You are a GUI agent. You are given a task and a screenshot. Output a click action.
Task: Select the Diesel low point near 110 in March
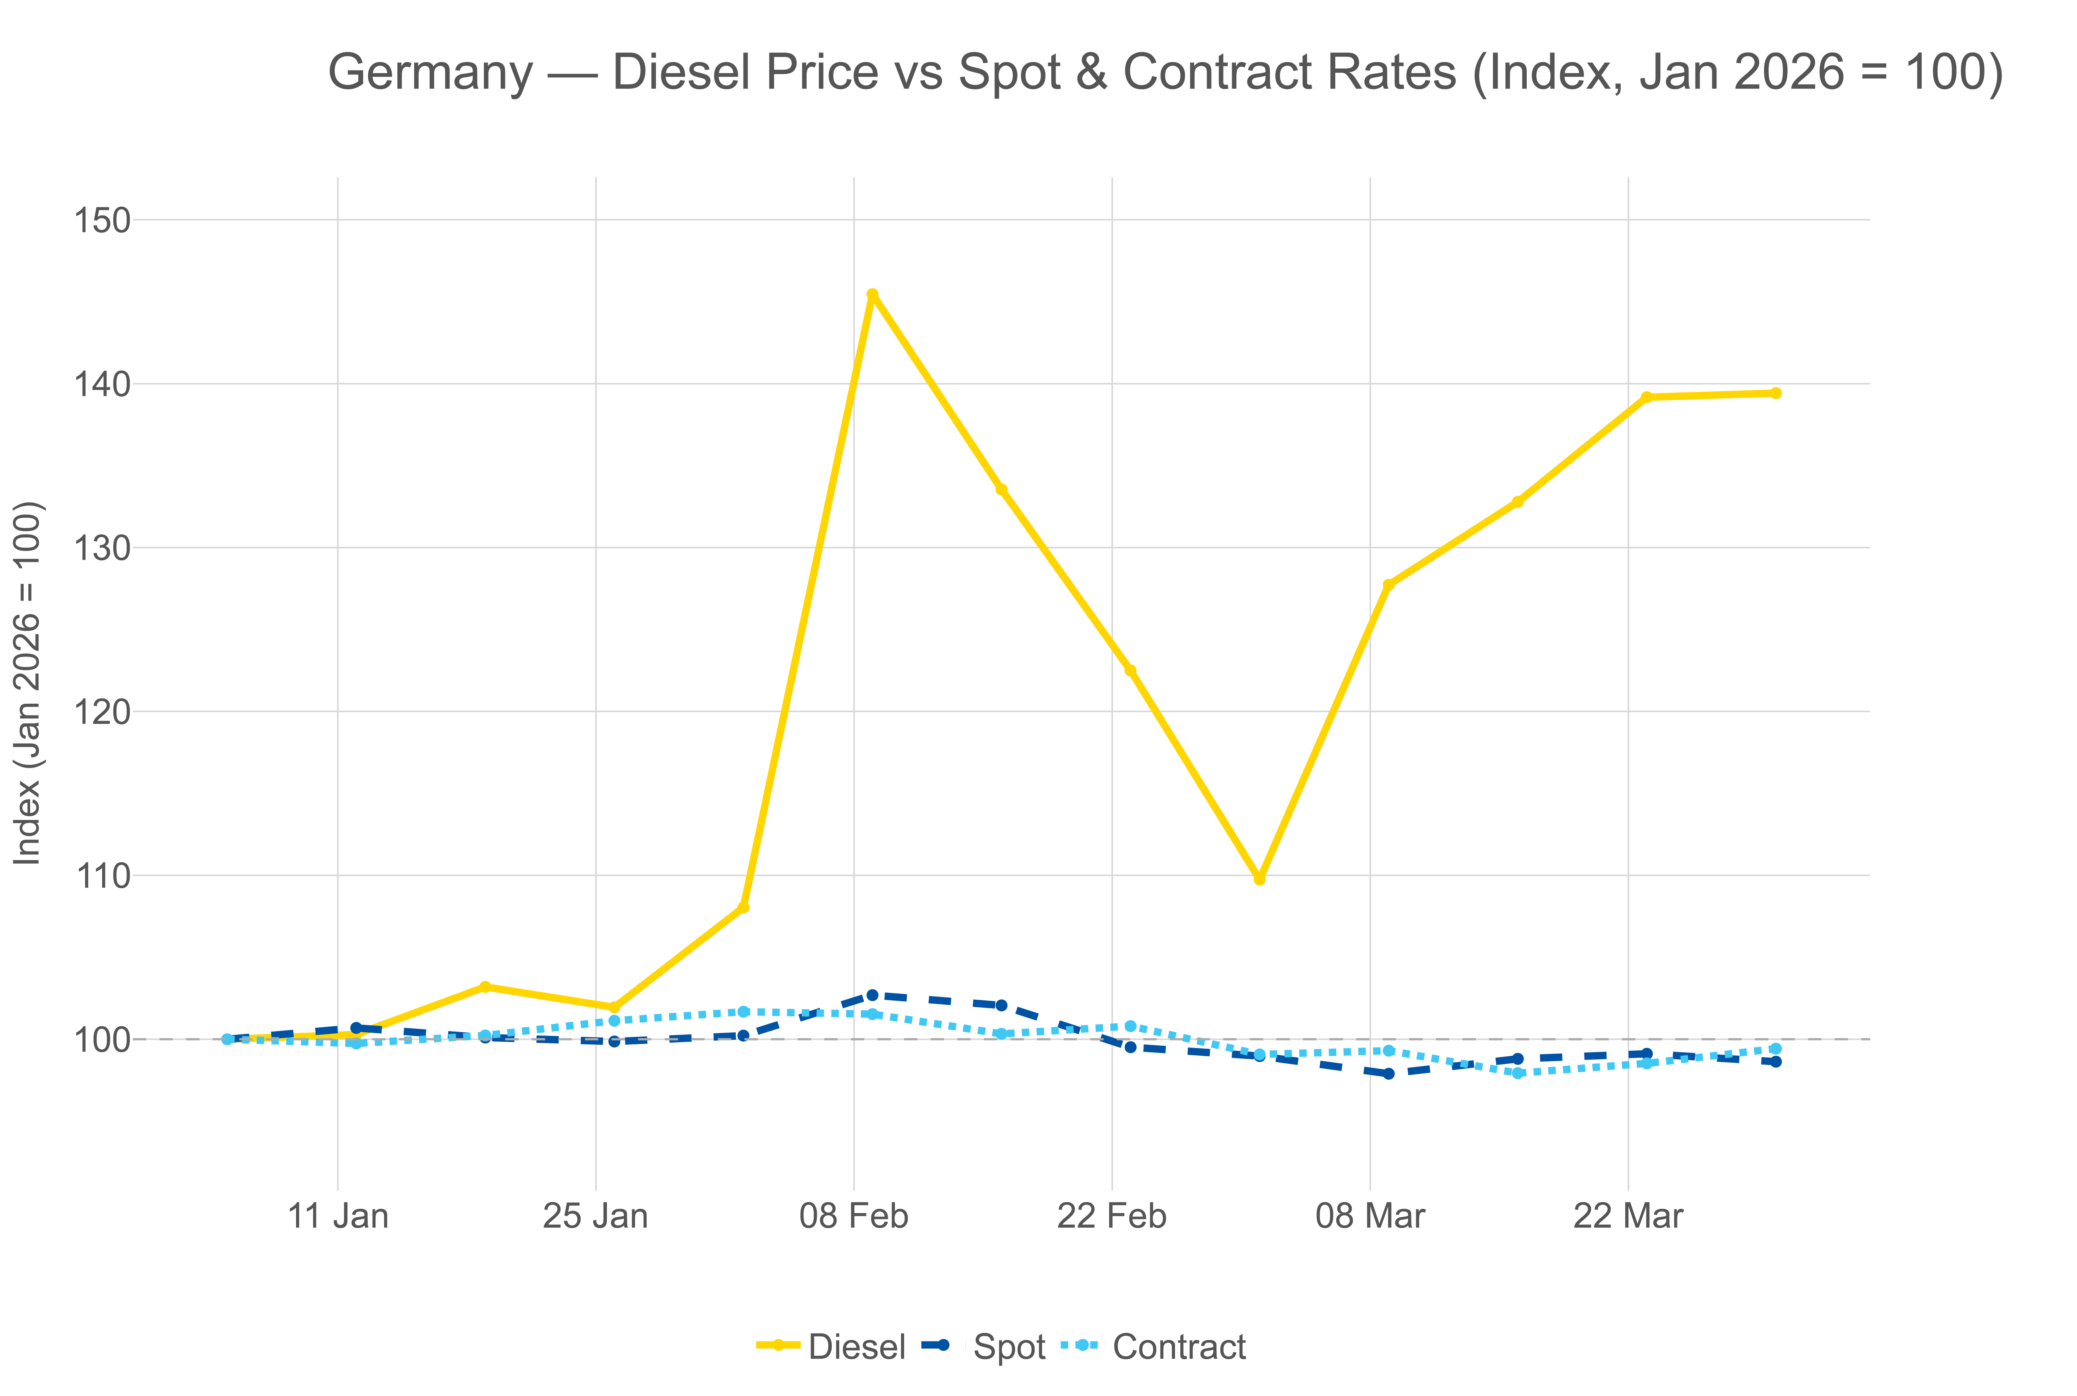pos(1259,879)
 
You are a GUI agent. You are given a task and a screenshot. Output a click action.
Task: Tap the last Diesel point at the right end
pos(1775,393)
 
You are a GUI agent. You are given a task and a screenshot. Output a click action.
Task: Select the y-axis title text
pos(28,683)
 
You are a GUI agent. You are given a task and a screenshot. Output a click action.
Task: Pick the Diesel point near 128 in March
pos(1388,585)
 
